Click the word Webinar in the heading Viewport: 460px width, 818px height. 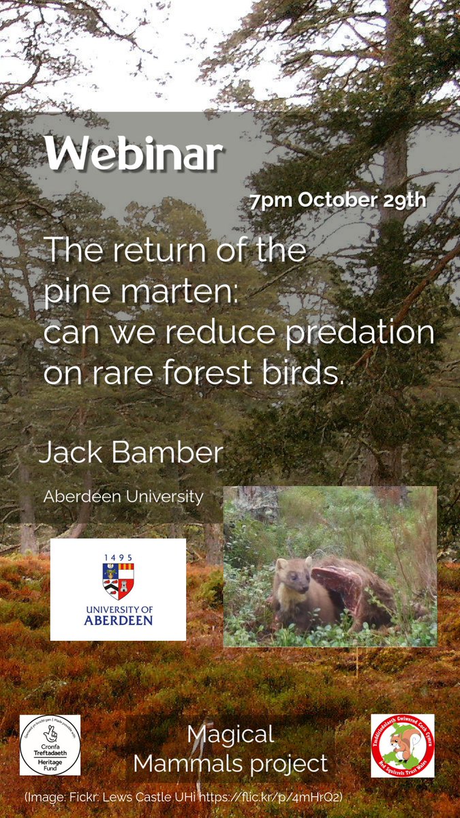coord(134,155)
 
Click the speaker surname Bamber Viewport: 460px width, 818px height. coord(164,453)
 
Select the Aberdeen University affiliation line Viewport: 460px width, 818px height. coord(123,496)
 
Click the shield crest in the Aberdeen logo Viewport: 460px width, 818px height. coord(118,579)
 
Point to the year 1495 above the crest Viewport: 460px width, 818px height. coord(118,558)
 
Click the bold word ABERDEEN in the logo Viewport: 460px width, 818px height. coord(118,620)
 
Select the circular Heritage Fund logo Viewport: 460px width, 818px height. coord(50,745)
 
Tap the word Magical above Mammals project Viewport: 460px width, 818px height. coord(230,734)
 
